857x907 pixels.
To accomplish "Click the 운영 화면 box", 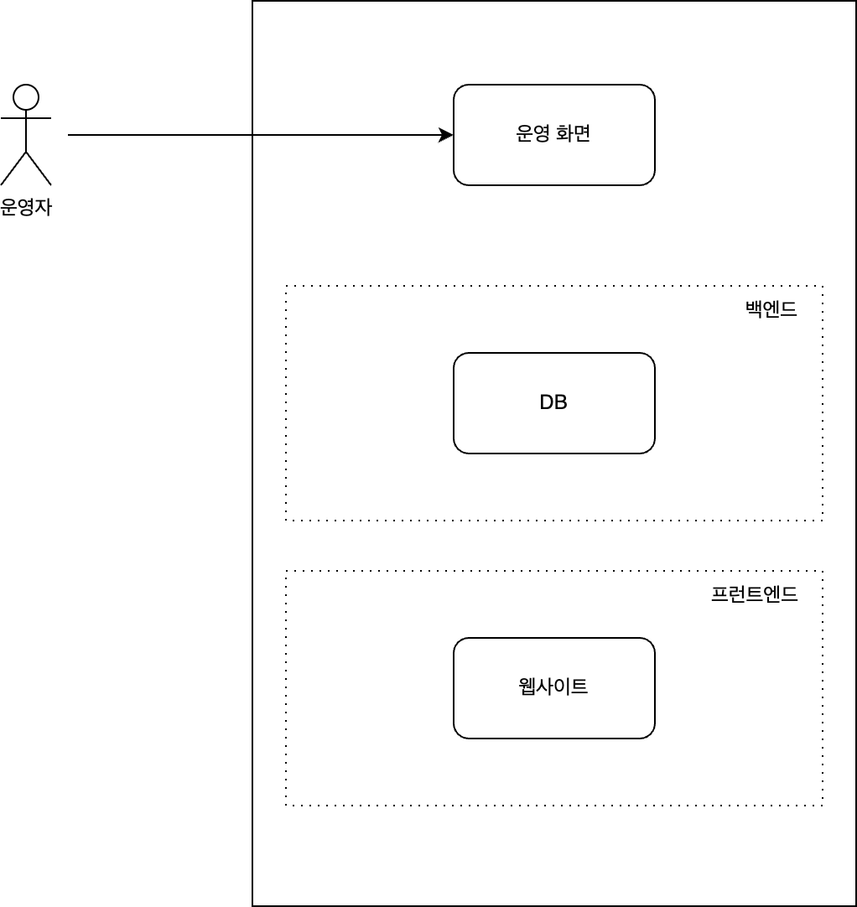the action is [553, 135].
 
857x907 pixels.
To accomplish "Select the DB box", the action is [553, 403].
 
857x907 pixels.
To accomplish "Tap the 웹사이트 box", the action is [553, 688].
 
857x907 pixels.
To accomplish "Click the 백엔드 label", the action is [771, 308].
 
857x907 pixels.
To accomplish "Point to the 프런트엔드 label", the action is [754, 594].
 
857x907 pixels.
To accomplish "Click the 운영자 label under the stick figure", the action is [26, 207].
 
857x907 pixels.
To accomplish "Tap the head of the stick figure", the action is [26, 97].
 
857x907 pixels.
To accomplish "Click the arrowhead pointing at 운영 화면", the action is [447, 135].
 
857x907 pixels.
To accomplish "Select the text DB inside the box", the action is [553, 402].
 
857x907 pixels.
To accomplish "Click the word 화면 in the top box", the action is [573, 133].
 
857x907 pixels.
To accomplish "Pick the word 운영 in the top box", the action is [533, 133].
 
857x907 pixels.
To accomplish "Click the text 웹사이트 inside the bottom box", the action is [553, 687].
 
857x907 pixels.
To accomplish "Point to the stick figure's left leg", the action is [13, 168].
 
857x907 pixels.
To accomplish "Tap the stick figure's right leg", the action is [39, 168].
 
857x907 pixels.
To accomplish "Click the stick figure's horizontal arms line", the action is [26, 118].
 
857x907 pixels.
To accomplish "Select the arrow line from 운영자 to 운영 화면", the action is [261, 135].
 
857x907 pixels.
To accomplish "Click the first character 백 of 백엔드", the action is [754, 308].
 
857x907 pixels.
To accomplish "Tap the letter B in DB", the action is [561, 402].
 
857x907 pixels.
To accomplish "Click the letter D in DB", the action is [546, 402].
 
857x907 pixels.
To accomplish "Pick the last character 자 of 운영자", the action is [44, 207].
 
